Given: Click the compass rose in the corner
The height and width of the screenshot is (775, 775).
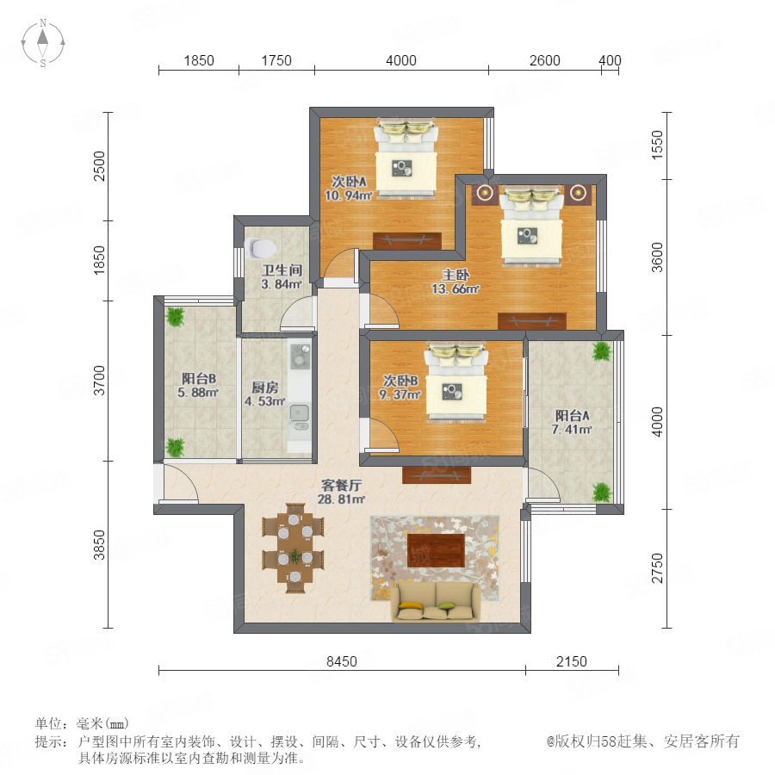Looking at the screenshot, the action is (x=43, y=42).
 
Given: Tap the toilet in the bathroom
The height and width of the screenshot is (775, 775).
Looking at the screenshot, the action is (x=260, y=248).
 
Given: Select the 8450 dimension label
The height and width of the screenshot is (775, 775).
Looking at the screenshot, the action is (x=342, y=661).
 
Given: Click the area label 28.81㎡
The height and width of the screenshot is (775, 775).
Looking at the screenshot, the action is (x=341, y=499).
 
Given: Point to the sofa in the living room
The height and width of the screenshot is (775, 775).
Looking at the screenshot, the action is (x=437, y=602).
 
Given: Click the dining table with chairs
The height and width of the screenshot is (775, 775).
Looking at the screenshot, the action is (x=294, y=548).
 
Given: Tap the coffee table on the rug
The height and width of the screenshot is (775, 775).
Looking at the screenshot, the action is (x=437, y=550).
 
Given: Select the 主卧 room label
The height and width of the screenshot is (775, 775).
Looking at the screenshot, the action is (x=456, y=275).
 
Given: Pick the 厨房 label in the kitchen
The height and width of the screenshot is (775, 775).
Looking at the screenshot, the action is (x=264, y=387).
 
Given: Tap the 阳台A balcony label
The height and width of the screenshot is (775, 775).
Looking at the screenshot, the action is (x=572, y=415).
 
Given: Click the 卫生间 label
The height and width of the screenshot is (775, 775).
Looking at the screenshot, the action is (x=282, y=270).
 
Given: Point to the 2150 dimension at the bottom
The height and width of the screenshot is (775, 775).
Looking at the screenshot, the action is (x=572, y=661).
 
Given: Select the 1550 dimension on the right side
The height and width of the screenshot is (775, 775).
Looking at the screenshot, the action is (x=657, y=145).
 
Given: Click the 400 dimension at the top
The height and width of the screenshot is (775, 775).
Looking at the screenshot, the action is (x=610, y=60).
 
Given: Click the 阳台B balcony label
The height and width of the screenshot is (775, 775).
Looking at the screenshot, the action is (x=198, y=379).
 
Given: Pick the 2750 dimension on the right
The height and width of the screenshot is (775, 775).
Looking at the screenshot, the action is (x=657, y=568).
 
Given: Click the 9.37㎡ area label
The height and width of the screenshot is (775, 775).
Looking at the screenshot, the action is (x=400, y=394).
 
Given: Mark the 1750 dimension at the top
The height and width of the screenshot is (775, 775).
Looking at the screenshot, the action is (x=276, y=60).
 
